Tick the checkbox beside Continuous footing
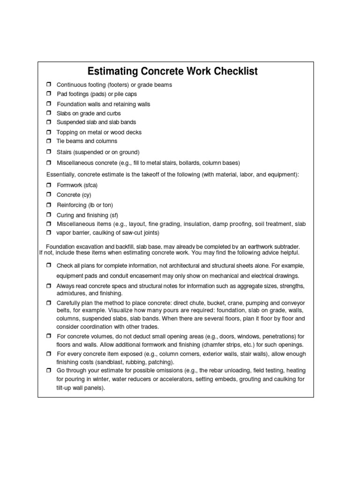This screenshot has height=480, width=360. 48,84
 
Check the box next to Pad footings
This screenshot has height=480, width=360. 48,94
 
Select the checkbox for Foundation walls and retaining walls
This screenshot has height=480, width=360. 48,104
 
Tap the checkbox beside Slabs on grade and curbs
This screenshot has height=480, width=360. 48,113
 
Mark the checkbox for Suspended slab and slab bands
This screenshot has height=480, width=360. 48,122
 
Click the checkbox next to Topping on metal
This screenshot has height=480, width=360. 48,132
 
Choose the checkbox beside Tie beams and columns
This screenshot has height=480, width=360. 48,141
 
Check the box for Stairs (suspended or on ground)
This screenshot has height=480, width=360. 48,152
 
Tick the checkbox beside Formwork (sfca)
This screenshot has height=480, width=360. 48,185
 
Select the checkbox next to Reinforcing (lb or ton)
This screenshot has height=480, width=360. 48,205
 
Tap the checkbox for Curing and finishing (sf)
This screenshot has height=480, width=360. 48,215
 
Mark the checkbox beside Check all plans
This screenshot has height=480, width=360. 48,265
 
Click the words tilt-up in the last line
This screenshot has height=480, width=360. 65,388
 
